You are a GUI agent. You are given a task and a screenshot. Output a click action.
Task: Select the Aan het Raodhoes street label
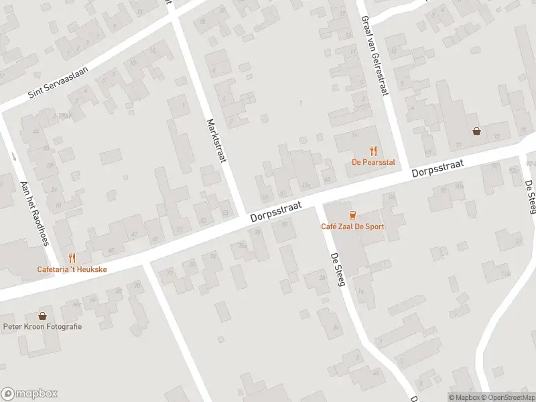pos(35,212)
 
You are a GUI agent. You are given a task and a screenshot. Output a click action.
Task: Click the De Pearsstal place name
pos(373,162)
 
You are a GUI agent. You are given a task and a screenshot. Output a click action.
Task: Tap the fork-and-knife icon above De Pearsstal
pos(374,151)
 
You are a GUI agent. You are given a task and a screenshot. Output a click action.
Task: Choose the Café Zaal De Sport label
pos(352,226)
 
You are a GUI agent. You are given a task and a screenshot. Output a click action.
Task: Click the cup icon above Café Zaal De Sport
pos(352,215)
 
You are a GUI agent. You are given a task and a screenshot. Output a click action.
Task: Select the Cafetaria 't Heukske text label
pos(72,269)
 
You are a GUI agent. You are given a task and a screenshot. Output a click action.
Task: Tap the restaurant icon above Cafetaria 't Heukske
pos(72,258)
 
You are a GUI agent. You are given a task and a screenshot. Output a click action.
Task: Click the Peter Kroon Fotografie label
pos(42,326)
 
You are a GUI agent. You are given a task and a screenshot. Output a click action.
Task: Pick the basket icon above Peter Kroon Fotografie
pos(42,316)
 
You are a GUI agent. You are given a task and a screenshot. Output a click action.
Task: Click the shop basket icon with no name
pos(476,132)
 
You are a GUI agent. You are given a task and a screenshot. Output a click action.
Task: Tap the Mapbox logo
pos(29,394)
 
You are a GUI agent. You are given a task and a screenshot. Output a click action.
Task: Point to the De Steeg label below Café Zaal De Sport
pos(337,270)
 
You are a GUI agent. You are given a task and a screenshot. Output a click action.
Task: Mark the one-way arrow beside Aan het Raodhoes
pos(15,157)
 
